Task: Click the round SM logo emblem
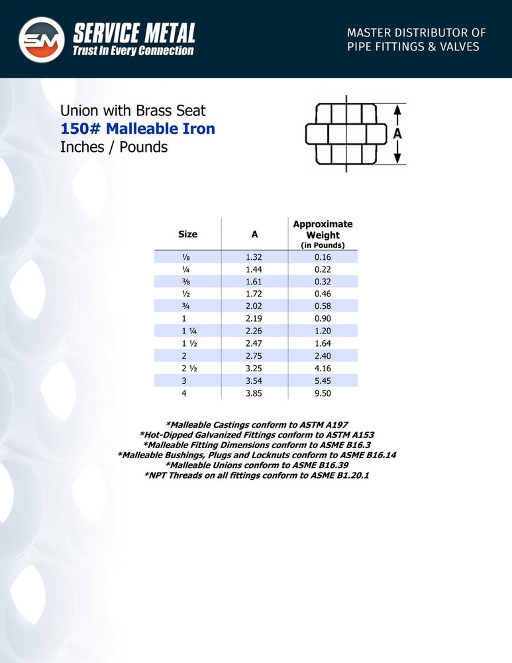click(41, 40)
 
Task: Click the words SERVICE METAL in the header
click(134, 32)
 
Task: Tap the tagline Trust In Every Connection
click(134, 50)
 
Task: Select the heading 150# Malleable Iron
click(138, 128)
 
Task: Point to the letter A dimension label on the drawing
click(397, 133)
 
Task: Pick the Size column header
click(187, 234)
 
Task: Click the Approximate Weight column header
click(323, 229)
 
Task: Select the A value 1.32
click(254, 257)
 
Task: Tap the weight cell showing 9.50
click(323, 393)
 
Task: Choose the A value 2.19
click(254, 319)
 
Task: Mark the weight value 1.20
click(323, 331)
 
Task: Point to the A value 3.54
click(254, 381)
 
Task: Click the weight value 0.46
click(323, 294)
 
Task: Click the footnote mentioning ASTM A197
click(256, 424)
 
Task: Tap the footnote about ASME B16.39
click(256, 465)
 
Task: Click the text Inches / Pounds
click(114, 147)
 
